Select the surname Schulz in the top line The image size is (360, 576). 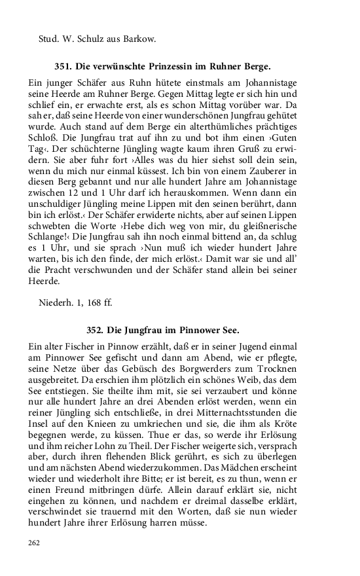(x=91, y=39)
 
